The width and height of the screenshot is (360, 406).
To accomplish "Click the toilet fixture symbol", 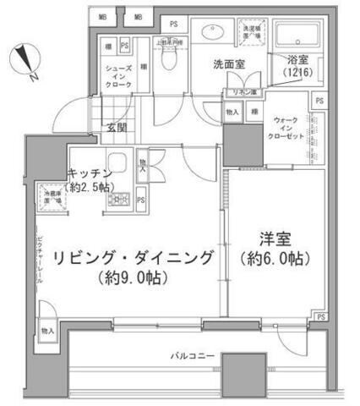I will pos(169,60).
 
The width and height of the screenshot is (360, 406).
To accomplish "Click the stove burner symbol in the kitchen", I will pos(117,200).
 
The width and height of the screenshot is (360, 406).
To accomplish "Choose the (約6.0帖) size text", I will pos(273,258).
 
